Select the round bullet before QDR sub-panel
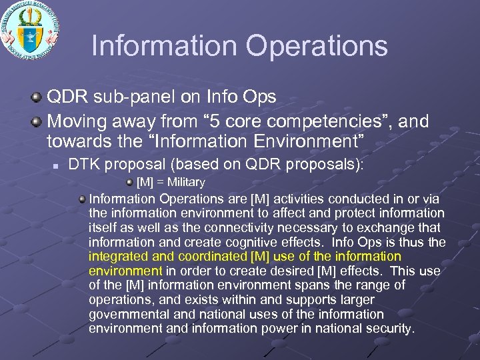(x=38, y=97)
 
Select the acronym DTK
(x=84, y=164)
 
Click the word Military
(x=186, y=182)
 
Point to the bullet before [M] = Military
(x=129, y=182)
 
